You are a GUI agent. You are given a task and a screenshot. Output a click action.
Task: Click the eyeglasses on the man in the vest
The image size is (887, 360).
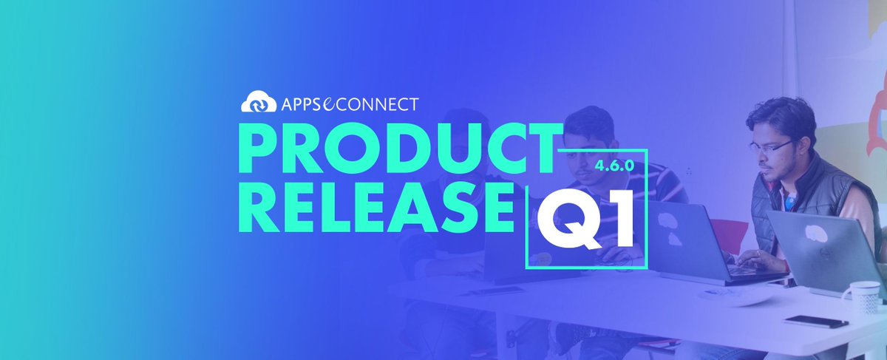tap(770, 145)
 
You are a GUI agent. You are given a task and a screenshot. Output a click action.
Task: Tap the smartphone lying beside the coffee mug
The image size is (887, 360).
tap(816, 322)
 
